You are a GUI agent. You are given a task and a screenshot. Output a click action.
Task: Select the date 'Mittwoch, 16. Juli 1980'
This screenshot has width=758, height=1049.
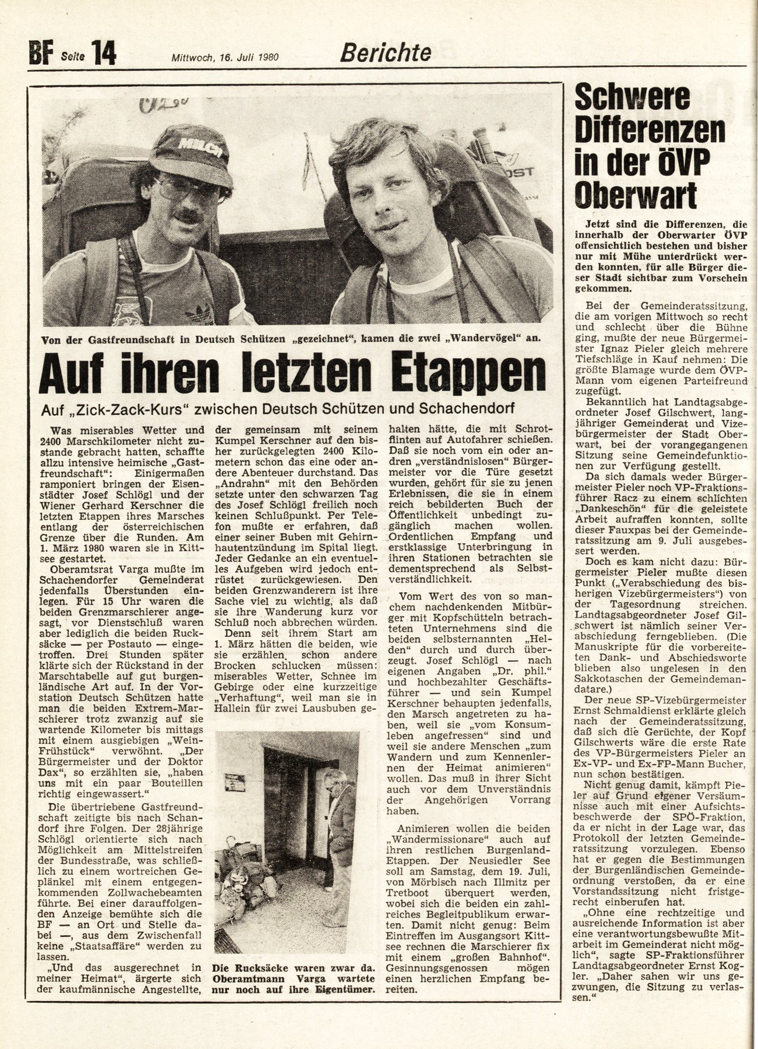tap(224, 57)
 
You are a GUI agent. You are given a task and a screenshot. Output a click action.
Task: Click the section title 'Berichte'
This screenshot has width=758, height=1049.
tap(385, 53)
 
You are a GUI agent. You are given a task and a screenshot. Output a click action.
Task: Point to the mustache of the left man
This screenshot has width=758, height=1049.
tap(189, 216)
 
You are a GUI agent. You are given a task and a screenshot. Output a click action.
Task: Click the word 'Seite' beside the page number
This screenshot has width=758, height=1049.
tap(72, 57)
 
